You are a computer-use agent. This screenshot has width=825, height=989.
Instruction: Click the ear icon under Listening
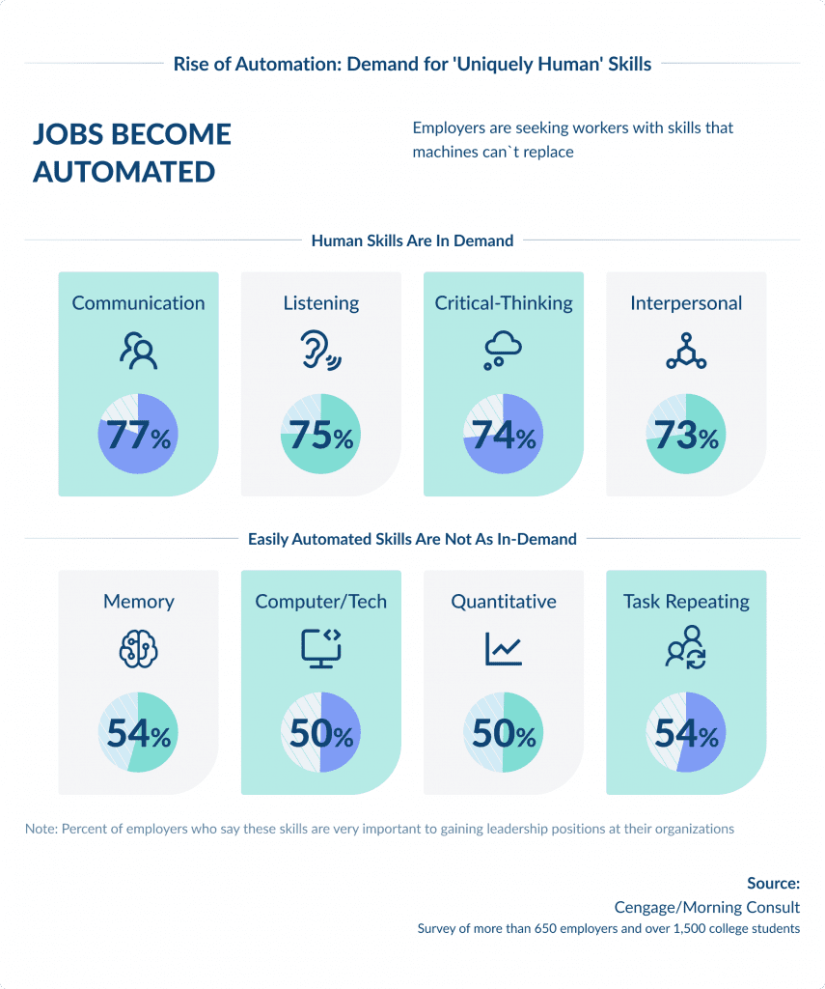[x=319, y=353]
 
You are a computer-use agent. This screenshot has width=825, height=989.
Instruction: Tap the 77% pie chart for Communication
[x=138, y=435]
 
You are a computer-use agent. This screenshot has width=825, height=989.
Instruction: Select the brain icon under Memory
[x=138, y=650]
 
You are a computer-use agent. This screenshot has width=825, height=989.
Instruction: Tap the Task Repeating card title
[x=685, y=601]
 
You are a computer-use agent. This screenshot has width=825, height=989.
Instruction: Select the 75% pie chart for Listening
[x=320, y=435]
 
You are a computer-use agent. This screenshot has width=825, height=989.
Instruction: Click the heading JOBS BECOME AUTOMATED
[x=132, y=153]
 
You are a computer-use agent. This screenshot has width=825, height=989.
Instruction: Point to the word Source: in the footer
[x=773, y=883]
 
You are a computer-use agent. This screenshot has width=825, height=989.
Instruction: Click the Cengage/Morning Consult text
[x=706, y=907]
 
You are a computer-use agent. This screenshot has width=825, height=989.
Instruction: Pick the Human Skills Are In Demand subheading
[x=412, y=240]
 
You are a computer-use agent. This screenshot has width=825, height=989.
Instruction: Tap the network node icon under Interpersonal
[x=685, y=352]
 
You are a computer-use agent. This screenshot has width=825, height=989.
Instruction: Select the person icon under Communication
[x=138, y=353]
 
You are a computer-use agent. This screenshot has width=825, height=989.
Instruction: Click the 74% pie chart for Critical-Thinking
[x=503, y=435]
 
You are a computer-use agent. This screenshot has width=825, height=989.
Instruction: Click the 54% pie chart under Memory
[x=138, y=733]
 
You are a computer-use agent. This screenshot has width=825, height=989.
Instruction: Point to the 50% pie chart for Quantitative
[x=503, y=733]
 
